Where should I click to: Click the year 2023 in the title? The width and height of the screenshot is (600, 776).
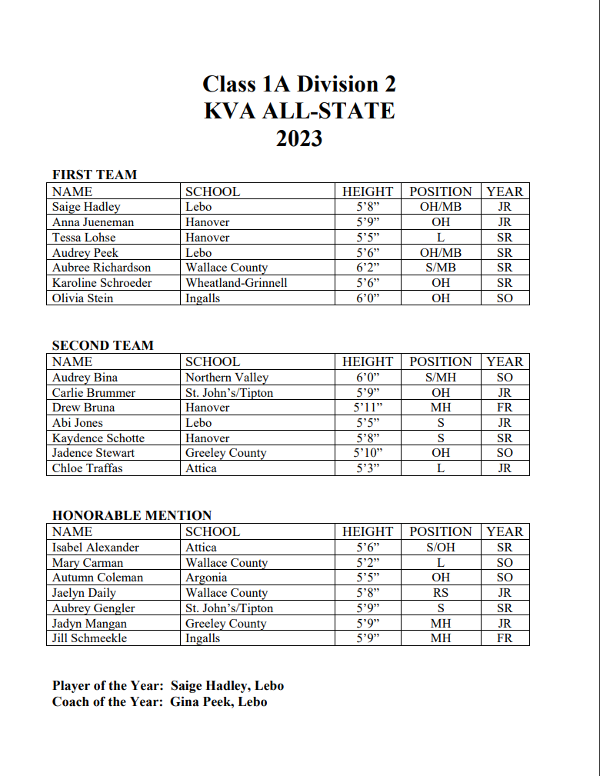tap(299, 138)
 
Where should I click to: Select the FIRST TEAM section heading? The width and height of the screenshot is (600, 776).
tap(95, 175)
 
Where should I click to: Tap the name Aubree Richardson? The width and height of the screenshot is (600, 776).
tap(102, 268)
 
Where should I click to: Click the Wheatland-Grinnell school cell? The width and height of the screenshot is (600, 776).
tap(236, 283)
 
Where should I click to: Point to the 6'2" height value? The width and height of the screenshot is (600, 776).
tap(368, 268)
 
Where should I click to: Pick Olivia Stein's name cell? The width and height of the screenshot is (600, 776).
tap(82, 298)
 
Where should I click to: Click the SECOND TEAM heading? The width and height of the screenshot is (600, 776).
tap(103, 345)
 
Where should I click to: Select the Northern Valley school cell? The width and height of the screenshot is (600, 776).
tap(227, 378)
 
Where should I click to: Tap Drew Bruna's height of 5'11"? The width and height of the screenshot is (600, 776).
tap(368, 408)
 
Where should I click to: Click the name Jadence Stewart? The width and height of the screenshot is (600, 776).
tap(94, 453)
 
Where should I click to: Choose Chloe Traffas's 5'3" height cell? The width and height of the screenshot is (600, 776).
tap(368, 468)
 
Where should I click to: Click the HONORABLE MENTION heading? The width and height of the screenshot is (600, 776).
tap(132, 515)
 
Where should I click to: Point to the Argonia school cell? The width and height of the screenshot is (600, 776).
tap(206, 578)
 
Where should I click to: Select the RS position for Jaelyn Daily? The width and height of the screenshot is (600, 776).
tap(441, 593)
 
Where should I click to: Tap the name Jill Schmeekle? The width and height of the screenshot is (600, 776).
tap(89, 638)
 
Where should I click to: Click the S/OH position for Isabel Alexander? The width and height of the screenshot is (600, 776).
tap(441, 548)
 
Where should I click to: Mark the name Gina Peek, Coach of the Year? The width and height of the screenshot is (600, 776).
tap(219, 701)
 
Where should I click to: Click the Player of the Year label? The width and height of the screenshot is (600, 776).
tap(108, 685)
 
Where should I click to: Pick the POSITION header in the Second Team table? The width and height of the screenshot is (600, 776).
tap(441, 361)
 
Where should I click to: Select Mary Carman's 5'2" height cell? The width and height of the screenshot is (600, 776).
tap(368, 563)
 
